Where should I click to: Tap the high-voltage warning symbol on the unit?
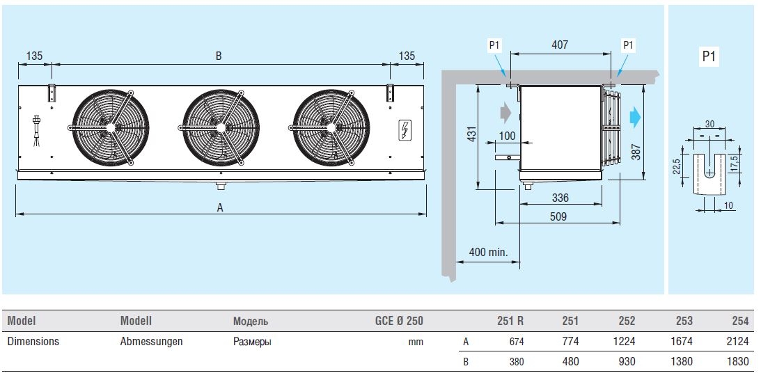(x=404, y=129)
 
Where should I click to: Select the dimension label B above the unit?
(x=219, y=56)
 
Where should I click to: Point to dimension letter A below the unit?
(x=220, y=207)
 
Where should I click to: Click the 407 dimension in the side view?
(x=560, y=45)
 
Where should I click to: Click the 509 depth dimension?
(x=557, y=216)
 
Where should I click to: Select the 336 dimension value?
(x=560, y=198)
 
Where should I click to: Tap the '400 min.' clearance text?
(x=487, y=252)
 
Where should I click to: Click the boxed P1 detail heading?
(x=709, y=57)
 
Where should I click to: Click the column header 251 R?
(x=510, y=321)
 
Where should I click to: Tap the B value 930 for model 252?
(x=627, y=361)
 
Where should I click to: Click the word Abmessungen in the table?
(x=152, y=342)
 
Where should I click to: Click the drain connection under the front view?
(x=221, y=186)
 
